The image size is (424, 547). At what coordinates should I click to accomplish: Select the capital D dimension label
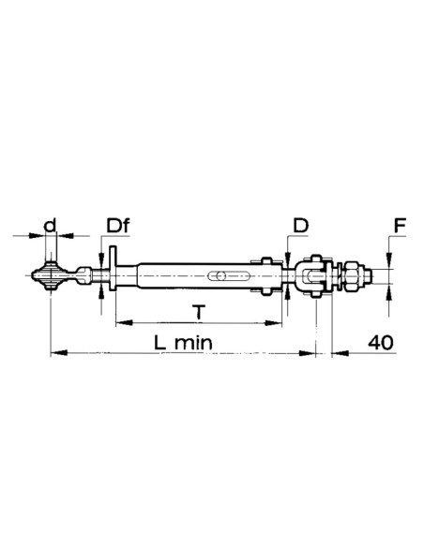301,226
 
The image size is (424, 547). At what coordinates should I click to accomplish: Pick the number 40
380,342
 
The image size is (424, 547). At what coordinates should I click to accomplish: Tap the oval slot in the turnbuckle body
219,276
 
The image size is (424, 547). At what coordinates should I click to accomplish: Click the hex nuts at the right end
354,276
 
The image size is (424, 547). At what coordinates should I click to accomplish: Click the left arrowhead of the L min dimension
53,353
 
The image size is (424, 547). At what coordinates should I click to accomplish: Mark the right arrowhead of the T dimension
278,323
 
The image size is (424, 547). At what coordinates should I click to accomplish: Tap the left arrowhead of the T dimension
118,323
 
